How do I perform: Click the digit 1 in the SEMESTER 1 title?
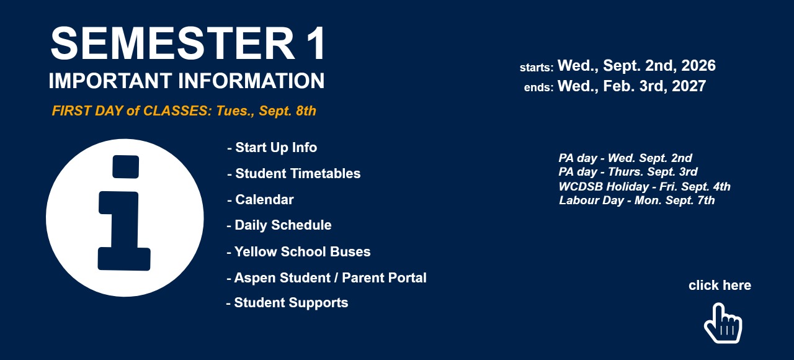pos(316,43)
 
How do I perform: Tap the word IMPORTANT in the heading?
pos(110,81)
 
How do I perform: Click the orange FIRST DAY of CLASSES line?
pos(184,110)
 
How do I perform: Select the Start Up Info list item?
pos(272,148)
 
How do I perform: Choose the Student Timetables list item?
pos(294,173)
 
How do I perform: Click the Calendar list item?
pos(261,199)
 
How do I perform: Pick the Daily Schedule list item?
pos(279,225)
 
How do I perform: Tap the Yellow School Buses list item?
pos(298,251)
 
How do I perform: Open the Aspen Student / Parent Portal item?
pos(326,277)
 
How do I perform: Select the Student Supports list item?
pos(287,302)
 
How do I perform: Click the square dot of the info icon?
pos(125,167)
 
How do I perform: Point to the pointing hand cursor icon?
pos(723,323)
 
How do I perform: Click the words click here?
pos(720,285)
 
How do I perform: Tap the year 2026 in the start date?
pos(698,66)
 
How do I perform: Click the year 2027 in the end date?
pos(689,86)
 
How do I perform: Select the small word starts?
pos(537,68)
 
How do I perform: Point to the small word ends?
pos(539,88)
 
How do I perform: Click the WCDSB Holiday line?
pos(645,186)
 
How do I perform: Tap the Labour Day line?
pos(636,200)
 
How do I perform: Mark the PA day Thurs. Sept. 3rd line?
pos(628,172)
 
